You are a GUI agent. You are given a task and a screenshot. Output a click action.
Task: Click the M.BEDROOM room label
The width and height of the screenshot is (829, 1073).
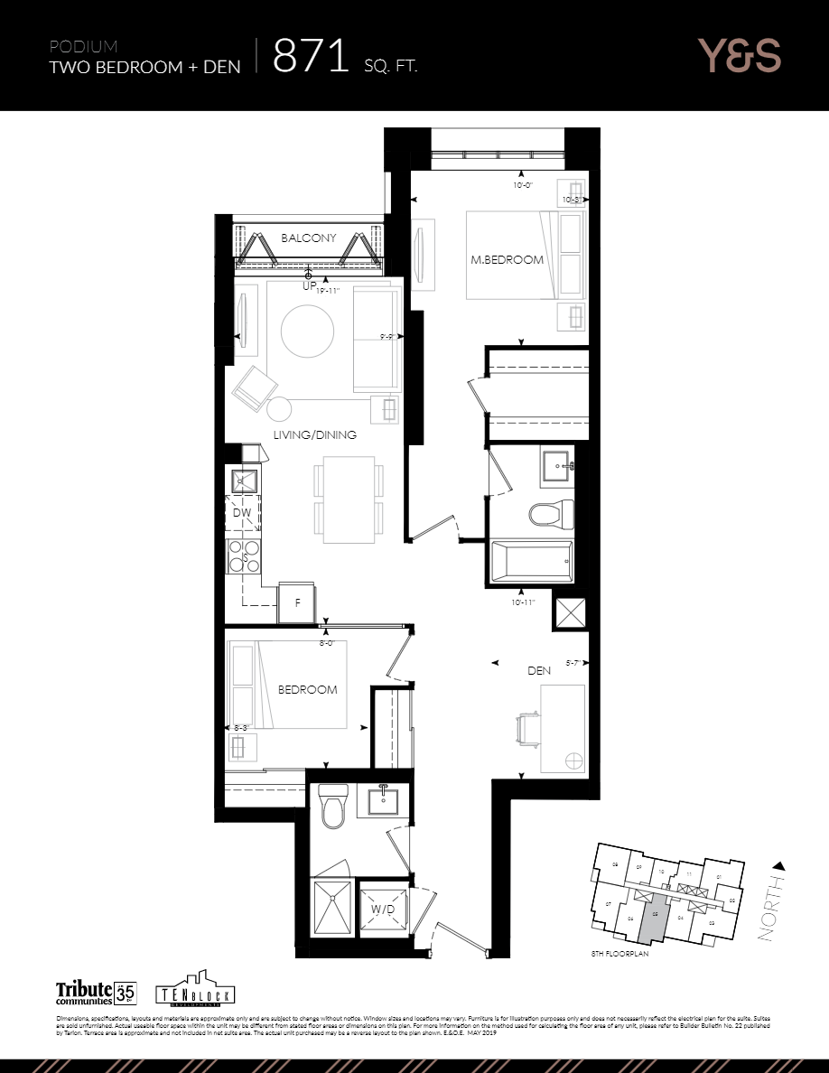click(507, 260)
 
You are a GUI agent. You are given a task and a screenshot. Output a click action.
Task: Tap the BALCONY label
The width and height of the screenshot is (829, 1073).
click(308, 238)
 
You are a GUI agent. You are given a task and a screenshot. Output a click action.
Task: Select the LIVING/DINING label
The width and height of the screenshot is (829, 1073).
click(315, 435)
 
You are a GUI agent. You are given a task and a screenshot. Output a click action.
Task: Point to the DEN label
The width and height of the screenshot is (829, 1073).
click(540, 671)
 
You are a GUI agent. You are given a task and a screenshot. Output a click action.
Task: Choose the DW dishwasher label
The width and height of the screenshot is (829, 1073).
click(241, 513)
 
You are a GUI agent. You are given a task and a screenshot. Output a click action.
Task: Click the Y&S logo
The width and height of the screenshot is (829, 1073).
click(739, 56)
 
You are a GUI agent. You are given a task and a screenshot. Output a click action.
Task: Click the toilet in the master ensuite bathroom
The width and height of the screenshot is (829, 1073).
click(549, 514)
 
